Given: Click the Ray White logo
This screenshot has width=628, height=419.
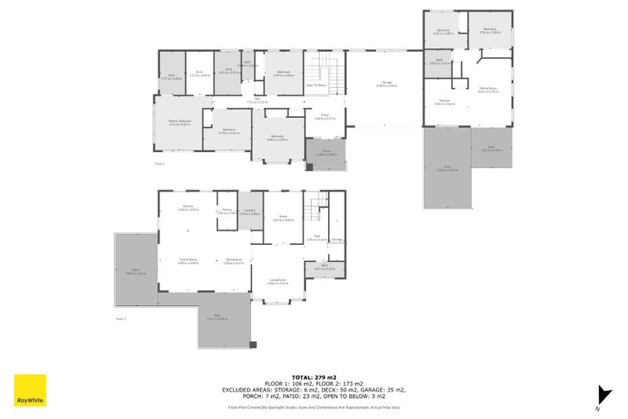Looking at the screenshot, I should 30,390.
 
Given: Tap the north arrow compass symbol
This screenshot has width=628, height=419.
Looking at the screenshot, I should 602,396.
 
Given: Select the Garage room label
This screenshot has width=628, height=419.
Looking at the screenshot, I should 386,82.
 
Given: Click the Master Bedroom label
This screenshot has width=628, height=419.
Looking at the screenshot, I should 180,121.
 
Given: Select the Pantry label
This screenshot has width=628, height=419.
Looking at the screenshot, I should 227,209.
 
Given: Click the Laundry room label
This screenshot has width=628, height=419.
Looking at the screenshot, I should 250,209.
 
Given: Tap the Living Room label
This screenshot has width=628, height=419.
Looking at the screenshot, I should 279,280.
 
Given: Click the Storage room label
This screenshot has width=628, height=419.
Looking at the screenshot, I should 337,239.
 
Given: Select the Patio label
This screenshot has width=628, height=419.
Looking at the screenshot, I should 447,167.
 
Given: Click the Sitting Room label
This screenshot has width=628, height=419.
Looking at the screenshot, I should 488,89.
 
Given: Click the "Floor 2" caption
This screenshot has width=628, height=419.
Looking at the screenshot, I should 159,163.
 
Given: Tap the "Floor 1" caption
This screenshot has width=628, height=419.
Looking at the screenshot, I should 121,319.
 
